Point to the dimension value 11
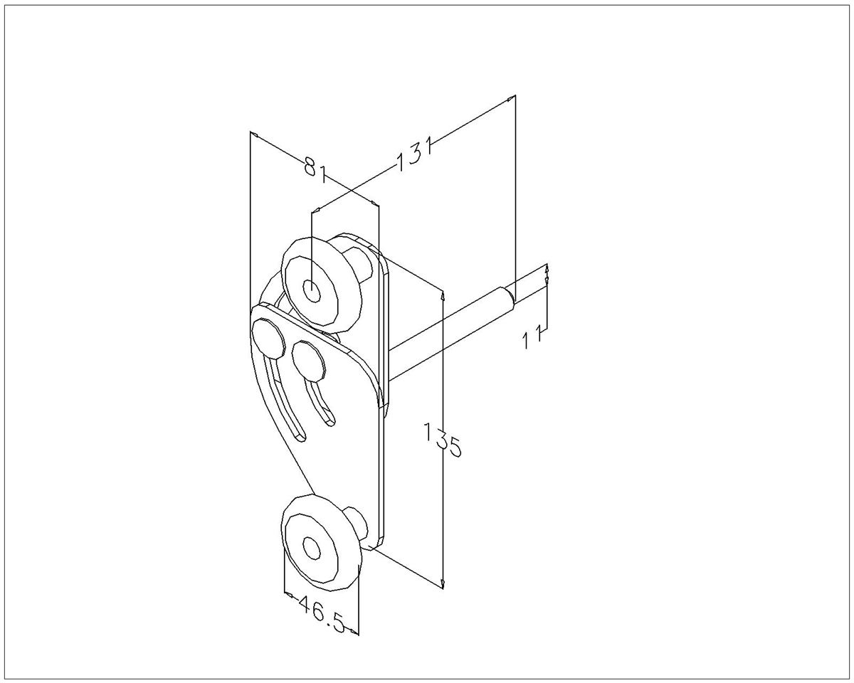(532, 336)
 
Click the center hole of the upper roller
(312, 290)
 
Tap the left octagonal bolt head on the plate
(269, 338)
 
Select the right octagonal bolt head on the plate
(309, 361)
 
